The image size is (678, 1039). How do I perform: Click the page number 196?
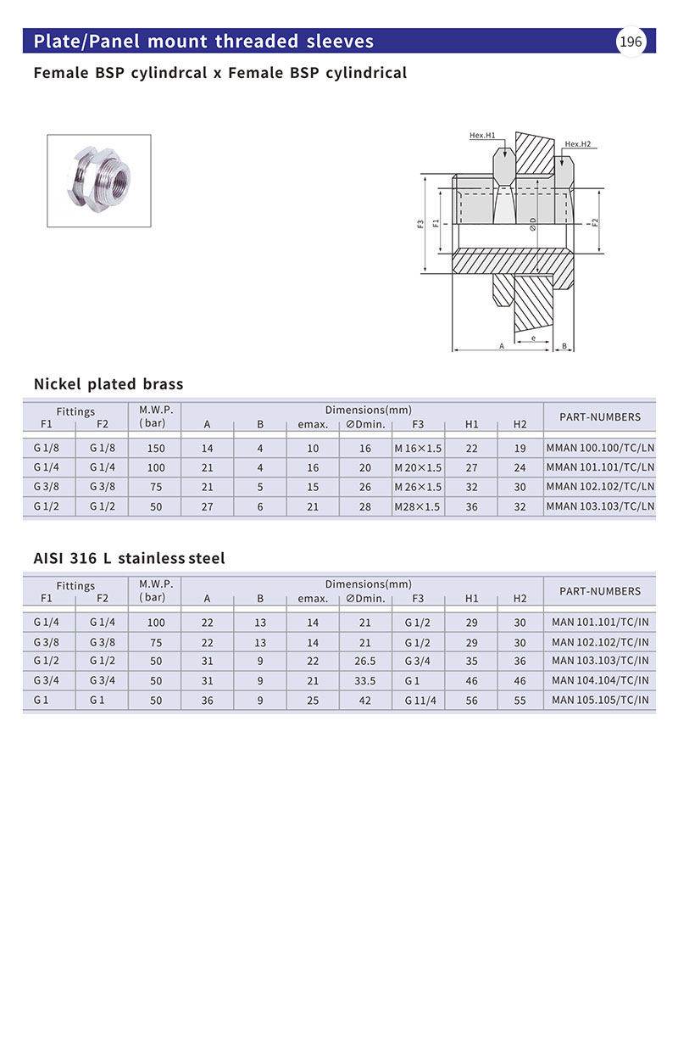[x=631, y=42]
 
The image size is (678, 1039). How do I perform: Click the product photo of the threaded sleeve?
[x=98, y=180]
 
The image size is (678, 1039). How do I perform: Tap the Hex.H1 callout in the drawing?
[x=482, y=135]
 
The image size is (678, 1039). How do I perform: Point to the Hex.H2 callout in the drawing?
[x=577, y=143]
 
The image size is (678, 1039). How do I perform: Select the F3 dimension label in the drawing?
[x=421, y=225]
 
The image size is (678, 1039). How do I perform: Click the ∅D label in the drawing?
[x=533, y=224]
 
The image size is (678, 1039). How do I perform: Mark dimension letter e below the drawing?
[x=532, y=338]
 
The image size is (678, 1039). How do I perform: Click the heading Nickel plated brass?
[x=108, y=384]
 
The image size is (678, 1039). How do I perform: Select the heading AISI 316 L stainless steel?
[x=129, y=558]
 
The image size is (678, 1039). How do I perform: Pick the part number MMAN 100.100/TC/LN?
[x=600, y=448]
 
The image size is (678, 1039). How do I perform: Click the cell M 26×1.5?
[x=418, y=487]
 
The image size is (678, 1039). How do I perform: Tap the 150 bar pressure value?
[x=156, y=448]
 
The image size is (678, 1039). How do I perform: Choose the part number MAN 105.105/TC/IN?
[x=600, y=700]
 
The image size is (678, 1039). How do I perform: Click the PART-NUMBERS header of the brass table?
[x=600, y=416]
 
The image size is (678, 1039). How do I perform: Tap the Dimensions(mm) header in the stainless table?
[x=369, y=584]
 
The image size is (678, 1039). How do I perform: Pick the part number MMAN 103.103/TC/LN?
[x=600, y=506]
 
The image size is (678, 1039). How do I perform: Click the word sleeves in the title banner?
[x=339, y=42]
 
